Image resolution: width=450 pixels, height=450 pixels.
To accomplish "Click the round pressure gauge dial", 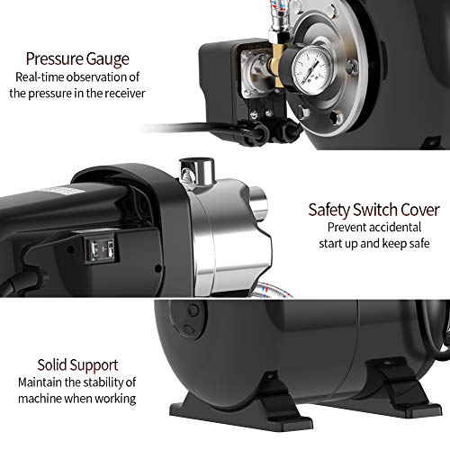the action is (x=312, y=70).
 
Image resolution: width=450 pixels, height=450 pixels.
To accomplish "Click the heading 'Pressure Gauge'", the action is (x=77, y=58).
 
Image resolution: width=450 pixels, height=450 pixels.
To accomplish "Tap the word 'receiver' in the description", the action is (x=125, y=94).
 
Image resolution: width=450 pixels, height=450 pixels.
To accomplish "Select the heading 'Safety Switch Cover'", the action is (x=373, y=210).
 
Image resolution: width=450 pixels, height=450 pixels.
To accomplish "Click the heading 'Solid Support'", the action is (x=77, y=365).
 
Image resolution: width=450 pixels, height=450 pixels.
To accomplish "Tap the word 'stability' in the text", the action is (x=103, y=382).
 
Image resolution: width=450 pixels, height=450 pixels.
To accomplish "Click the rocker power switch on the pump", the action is (x=101, y=249).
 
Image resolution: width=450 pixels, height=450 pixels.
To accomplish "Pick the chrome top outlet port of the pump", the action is (x=197, y=172).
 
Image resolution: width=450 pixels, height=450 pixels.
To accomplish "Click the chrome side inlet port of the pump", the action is (x=258, y=205).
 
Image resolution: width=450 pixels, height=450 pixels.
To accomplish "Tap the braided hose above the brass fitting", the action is (x=275, y=15).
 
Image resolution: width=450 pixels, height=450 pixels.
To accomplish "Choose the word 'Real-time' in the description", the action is (x=40, y=77).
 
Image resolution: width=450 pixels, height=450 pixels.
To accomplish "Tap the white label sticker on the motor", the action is (x=53, y=191).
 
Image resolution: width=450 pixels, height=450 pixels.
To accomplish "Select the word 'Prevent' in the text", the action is (x=343, y=227).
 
